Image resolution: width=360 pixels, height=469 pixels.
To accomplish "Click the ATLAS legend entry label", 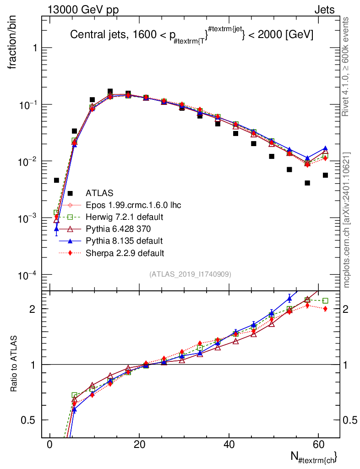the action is click(x=99, y=193).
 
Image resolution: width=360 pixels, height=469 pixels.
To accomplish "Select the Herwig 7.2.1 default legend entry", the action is click(x=125, y=217).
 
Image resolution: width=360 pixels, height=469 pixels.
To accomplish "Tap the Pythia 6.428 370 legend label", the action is click(x=118, y=229).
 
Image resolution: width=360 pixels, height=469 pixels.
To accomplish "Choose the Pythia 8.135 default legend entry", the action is click(x=124, y=241).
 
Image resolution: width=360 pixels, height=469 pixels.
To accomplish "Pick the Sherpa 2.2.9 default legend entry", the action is click(x=125, y=253).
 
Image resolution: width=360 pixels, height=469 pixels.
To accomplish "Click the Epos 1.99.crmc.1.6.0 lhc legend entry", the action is click(x=133, y=205).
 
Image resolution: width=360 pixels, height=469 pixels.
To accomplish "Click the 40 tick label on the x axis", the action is click(x=229, y=444).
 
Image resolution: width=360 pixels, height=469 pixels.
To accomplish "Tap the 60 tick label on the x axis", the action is click(x=319, y=444).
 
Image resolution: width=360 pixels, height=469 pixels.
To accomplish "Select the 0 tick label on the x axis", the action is click(x=49, y=444).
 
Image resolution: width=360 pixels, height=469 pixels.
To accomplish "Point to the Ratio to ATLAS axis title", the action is click(x=13, y=363).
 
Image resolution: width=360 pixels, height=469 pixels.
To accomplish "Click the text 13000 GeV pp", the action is click(x=83, y=10).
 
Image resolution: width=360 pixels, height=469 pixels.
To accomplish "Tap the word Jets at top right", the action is click(x=324, y=10).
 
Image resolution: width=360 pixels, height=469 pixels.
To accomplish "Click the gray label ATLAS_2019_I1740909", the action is click(x=190, y=274).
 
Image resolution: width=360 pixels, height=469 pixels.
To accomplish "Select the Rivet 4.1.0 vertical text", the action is click(x=345, y=67).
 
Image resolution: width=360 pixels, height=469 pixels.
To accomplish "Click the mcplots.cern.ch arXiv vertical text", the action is click(x=346, y=220).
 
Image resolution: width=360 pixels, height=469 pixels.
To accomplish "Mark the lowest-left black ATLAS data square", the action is click(x=56, y=180).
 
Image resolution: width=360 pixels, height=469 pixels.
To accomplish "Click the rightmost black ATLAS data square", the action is click(x=325, y=175).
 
